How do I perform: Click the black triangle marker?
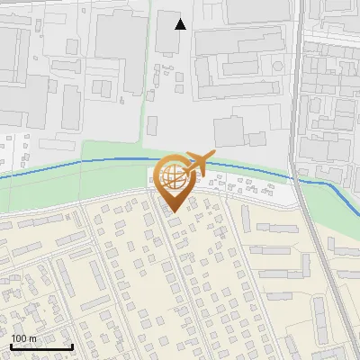point(181,24)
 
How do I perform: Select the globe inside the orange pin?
point(172,177)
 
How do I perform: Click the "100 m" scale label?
point(23,338)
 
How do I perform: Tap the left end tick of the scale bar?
point(10,346)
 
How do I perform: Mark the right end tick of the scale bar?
point(72,346)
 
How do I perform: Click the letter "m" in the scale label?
point(32,338)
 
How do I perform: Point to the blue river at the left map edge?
point(3,176)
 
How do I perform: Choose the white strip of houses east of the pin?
point(243,187)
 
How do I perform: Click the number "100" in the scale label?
point(19,338)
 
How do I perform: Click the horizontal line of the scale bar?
point(40,347)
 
